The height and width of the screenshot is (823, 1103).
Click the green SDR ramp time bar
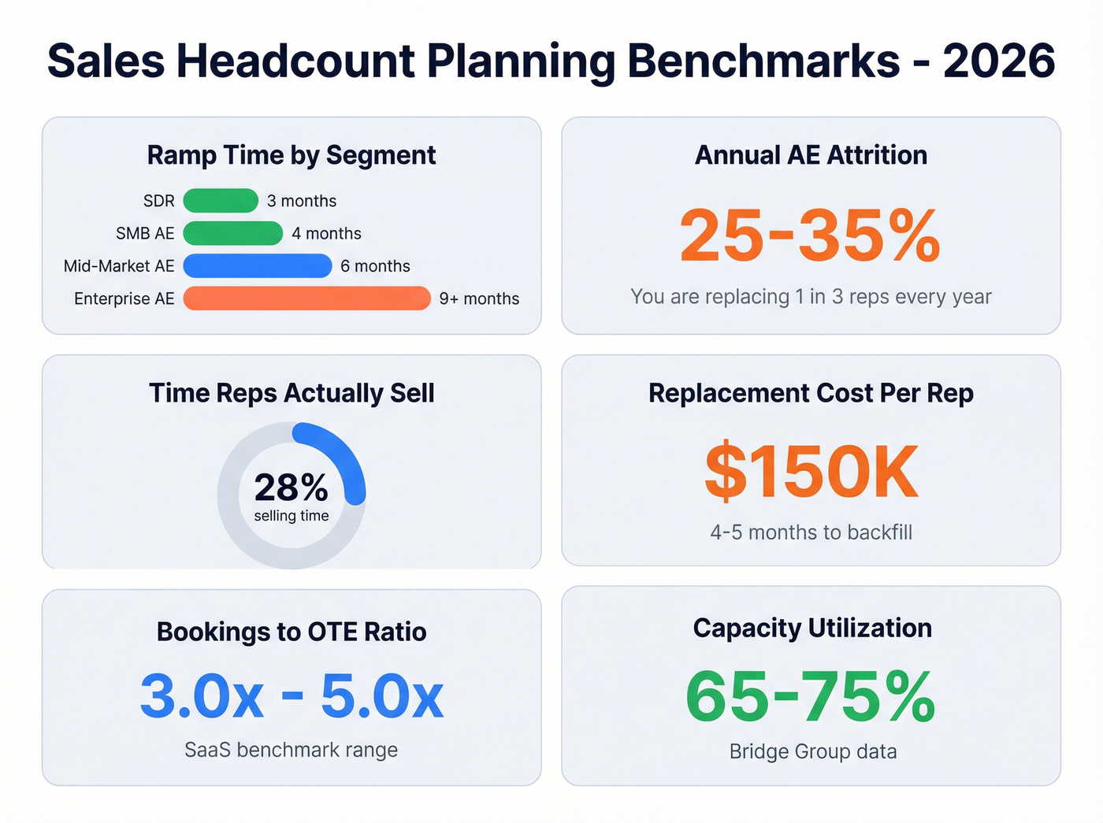(x=221, y=201)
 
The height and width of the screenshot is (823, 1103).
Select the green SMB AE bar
(x=232, y=233)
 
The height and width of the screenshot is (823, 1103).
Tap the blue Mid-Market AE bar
(x=257, y=266)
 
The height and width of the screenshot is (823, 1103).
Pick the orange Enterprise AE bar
(x=306, y=298)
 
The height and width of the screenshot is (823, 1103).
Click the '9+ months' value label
(x=479, y=299)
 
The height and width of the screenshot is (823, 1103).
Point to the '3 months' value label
(x=302, y=202)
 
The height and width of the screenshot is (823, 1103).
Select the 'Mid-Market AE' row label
(x=119, y=266)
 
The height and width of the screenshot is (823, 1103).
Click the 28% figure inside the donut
(x=291, y=487)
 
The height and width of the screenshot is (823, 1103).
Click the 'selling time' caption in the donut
(x=292, y=516)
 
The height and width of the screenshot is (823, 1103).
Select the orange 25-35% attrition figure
(x=810, y=235)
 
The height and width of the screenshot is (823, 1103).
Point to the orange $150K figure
(x=811, y=472)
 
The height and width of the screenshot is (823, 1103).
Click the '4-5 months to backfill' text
(x=811, y=532)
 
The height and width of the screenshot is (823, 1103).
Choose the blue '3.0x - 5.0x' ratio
(x=292, y=696)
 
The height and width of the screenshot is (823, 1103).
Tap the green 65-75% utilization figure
(x=810, y=696)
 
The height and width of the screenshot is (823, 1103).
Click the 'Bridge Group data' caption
(x=813, y=751)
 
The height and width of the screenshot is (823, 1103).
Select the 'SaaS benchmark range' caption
(x=292, y=750)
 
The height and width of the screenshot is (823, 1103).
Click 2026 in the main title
(x=999, y=61)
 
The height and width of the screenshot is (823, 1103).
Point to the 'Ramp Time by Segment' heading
(x=292, y=155)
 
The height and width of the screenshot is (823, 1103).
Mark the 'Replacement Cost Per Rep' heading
(x=811, y=393)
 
